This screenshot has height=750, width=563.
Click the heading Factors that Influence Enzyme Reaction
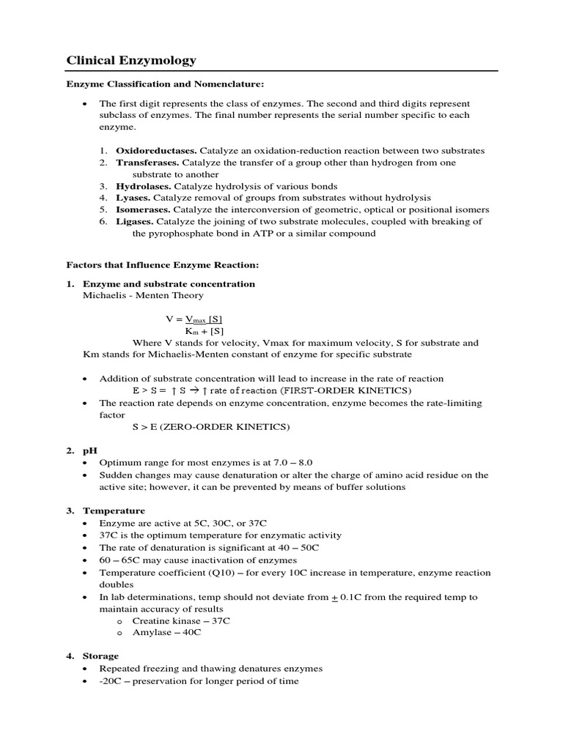coord(163,264)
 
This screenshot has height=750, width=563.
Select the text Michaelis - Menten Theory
coord(143,295)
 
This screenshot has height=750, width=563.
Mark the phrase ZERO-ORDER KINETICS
coord(234,426)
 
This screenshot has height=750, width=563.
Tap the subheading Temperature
coord(114,510)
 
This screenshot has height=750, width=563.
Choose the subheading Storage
coord(100,656)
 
